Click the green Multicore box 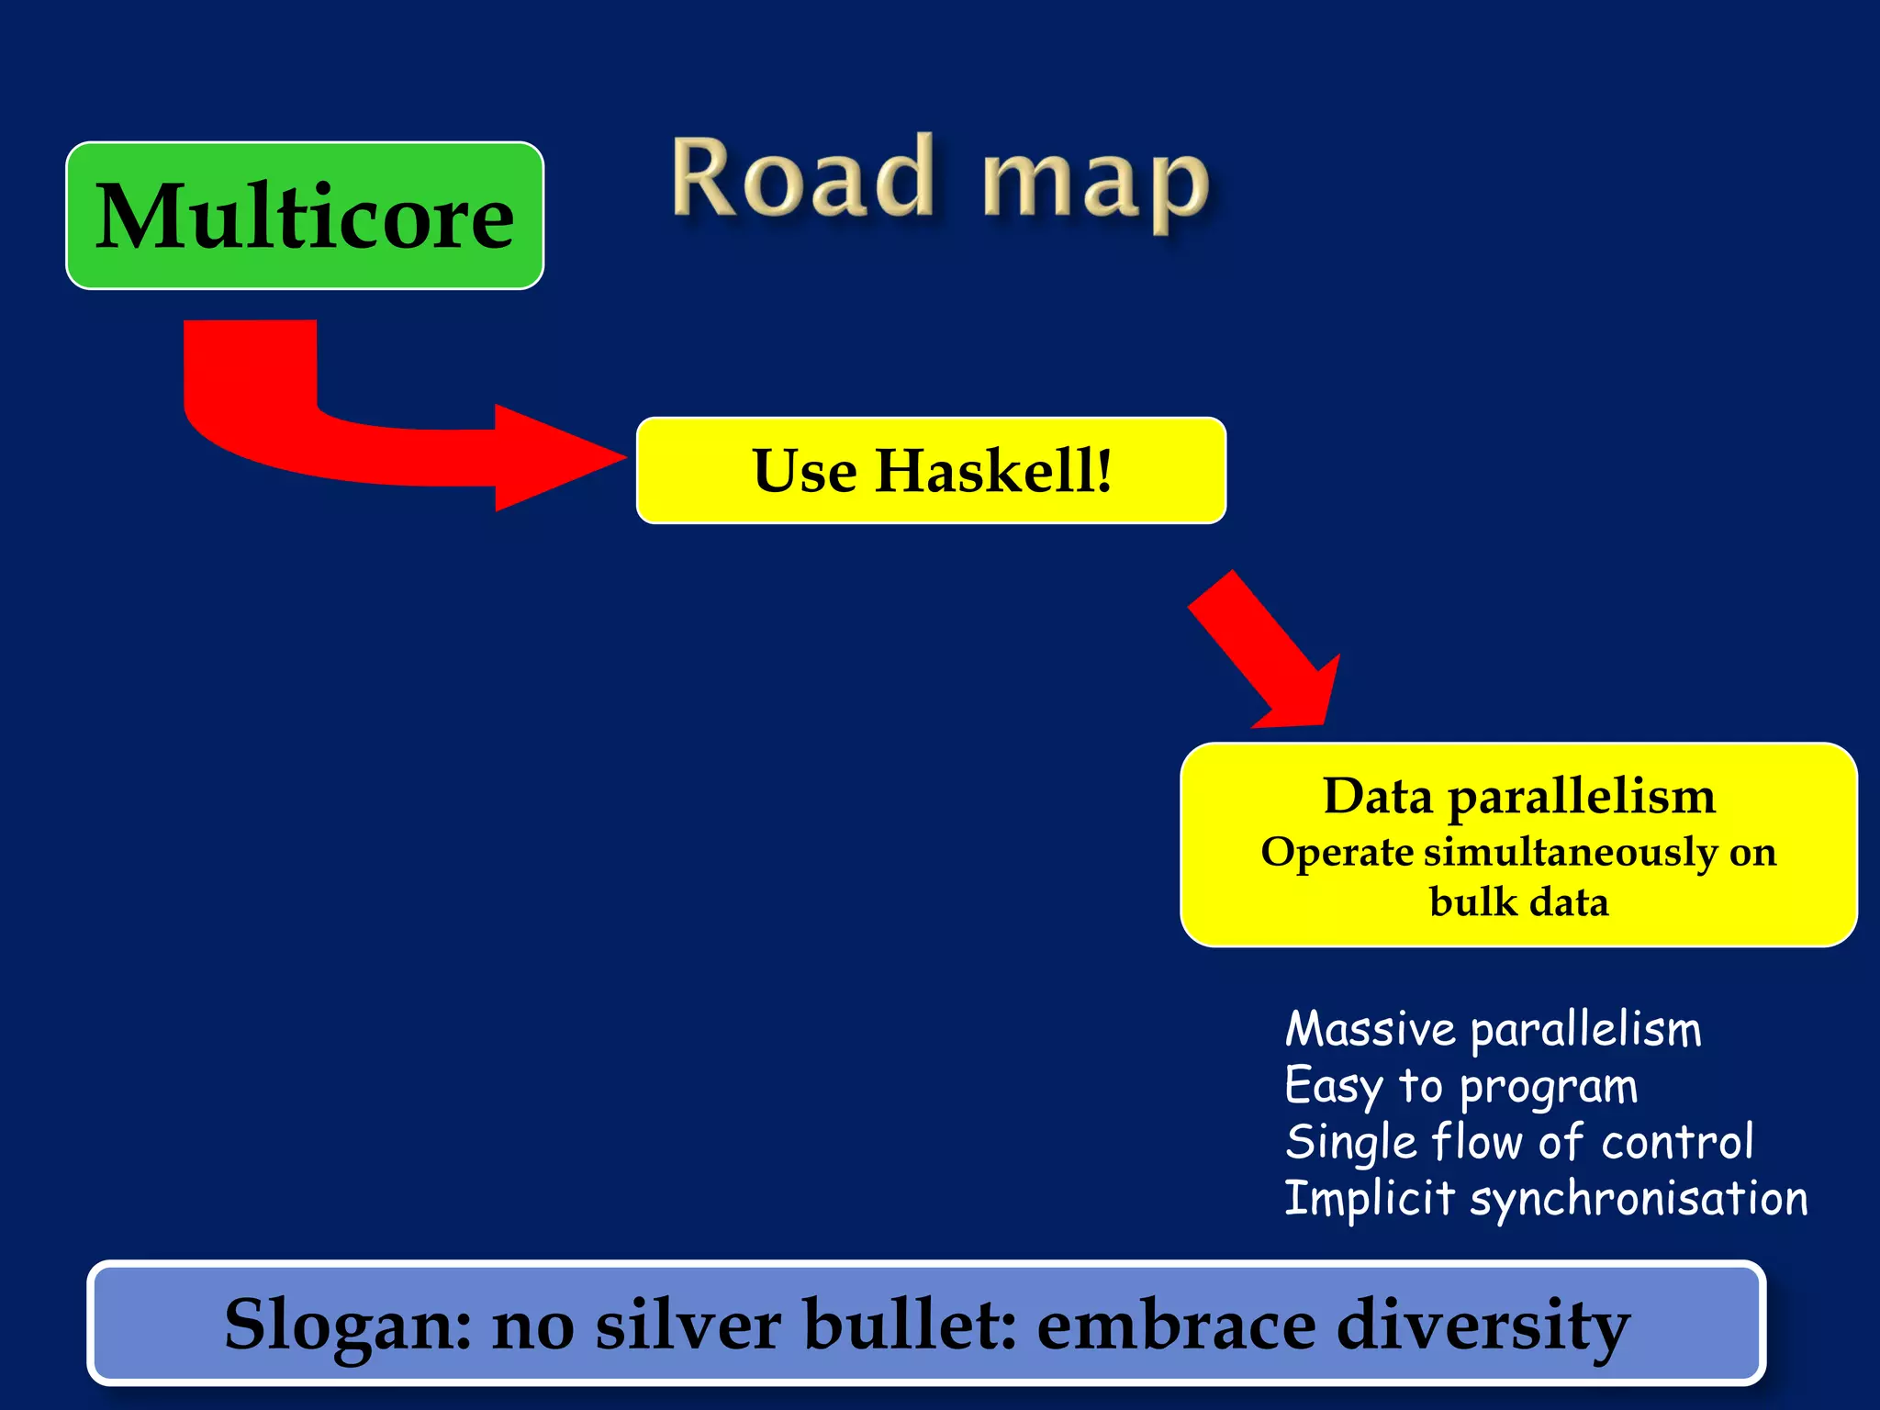coord(304,216)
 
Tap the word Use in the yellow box coord(804,471)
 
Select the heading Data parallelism coord(1518,796)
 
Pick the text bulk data coord(1518,902)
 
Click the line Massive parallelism coord(1493,1029)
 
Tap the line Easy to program coord(1460,1087)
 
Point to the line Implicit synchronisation coord(1546,1199)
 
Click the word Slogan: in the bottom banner coord(348,1325)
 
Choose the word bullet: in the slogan coord(910,1325)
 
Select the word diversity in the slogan coord(1483,1325)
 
